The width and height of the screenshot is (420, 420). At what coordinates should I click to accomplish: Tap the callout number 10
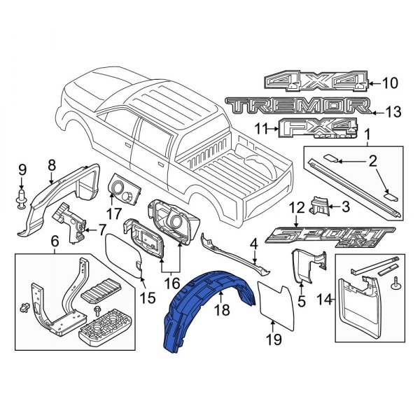point(390,84)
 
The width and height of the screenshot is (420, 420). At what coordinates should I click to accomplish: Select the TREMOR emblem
point(297,106)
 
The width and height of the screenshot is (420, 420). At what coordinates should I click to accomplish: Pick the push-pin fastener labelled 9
point(22,196)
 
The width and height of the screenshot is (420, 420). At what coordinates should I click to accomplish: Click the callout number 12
point(296,208)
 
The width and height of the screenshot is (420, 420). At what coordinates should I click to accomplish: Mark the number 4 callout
point(254,244)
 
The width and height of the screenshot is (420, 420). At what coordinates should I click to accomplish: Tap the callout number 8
point(51,166)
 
